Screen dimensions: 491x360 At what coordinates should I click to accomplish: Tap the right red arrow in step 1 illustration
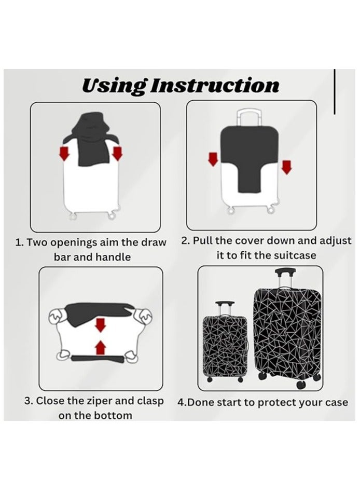click(117, 153)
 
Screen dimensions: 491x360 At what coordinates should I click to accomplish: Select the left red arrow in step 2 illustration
click(213, 159)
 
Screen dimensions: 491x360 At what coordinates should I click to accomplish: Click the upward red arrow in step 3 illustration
click(101, 346)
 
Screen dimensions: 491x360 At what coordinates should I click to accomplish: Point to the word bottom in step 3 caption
click(113, 416)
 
